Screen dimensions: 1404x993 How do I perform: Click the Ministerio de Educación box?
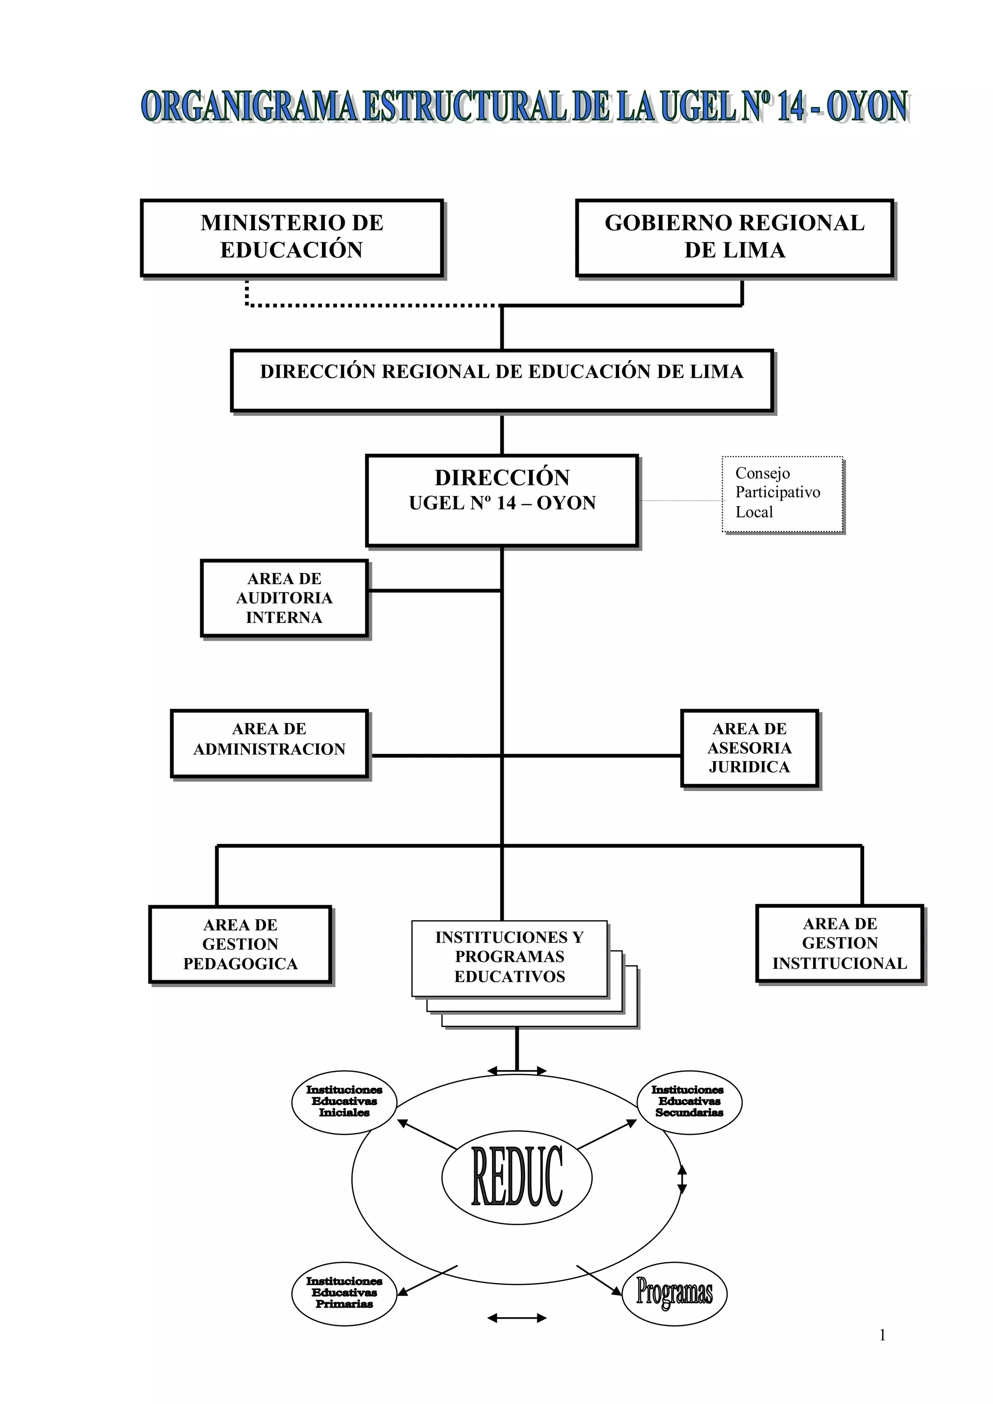[x=292, y=237]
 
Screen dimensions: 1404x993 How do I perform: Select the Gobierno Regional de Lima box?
[x=735, y=237]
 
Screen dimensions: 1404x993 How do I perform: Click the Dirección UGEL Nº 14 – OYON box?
[x=502, y=500]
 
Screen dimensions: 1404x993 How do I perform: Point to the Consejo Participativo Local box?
[x=782, y=494]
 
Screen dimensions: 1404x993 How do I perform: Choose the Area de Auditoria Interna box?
[x=284, y=598]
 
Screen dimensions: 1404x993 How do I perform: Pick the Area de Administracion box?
[x=270, y=743]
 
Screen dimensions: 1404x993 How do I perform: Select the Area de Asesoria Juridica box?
[x=749, y=748]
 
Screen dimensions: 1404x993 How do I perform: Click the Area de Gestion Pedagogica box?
[x=240, y=944]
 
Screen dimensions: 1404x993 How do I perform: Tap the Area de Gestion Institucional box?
[x=839, y=943]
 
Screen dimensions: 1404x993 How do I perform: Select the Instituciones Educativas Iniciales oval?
[x=344, y=1102]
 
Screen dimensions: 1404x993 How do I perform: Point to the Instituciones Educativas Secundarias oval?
[x=689, y=1102]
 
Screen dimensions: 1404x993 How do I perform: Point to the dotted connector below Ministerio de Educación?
[x=367, y=304]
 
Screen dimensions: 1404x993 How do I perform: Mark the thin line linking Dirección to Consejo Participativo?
[x=680, y=501]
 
